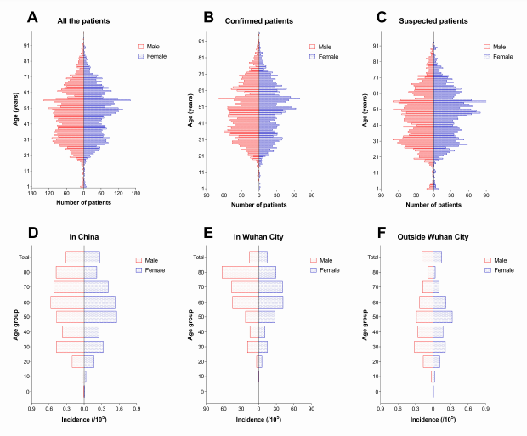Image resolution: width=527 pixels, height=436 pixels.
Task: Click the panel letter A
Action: pyautogui.click(x=33, y=17)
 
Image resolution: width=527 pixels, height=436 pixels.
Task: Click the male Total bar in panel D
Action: pyautogui.click(x=75, y=257)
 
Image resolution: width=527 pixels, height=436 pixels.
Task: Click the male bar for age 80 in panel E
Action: pyautogui.click(x=241, y=272)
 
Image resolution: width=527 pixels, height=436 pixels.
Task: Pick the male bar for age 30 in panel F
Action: pyautogui.click(x=423, y=347)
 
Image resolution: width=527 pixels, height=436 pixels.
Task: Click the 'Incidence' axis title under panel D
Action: pyautogui.click(x=84, y=419)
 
